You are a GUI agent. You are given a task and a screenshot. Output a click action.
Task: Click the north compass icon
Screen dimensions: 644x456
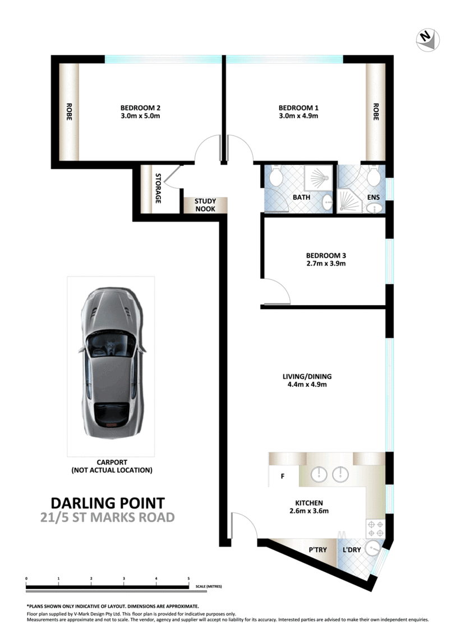click(427, 39)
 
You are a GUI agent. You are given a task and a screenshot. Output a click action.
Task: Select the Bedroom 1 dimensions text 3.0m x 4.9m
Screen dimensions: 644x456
click(298, 116)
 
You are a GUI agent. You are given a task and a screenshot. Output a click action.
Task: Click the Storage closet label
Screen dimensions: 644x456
click(159, 189)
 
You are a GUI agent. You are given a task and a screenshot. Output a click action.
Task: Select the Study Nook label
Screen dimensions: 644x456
click(205, 205)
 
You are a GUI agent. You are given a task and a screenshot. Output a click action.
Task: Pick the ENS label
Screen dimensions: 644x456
click(373, 198)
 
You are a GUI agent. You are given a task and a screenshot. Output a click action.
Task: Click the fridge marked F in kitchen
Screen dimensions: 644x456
click(283, 476)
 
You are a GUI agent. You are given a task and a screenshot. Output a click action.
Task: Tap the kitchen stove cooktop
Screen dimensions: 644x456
click(375, 526)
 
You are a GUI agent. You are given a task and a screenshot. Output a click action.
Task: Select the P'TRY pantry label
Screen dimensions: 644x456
click(317, 550)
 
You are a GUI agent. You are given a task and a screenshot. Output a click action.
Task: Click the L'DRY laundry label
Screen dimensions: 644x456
click(351, 550)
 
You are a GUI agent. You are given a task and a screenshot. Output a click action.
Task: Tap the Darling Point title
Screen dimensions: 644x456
click(108, 502)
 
